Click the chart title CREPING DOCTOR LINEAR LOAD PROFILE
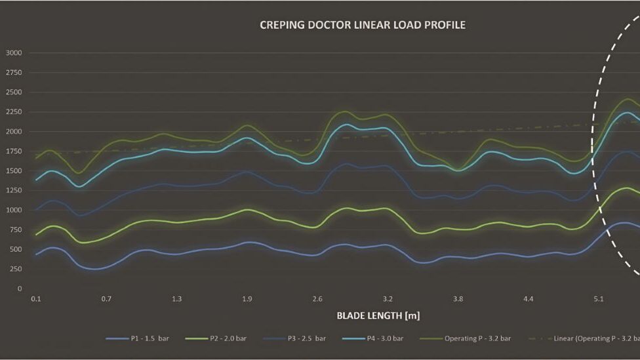point(363,26)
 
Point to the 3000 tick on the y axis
point(14,53)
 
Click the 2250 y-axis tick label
point(14,112)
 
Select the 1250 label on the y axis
point(14,191)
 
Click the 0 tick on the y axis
point(20,289)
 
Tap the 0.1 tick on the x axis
point(36,299)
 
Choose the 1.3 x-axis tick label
point(176,299)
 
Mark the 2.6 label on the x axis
point(317,299)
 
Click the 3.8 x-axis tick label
point(458,299)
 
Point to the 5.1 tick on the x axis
point(598,299)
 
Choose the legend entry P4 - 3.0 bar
point(384,338)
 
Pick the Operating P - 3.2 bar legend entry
point(477,338)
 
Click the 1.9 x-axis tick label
point(247,299)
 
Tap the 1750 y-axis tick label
point(14,151)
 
